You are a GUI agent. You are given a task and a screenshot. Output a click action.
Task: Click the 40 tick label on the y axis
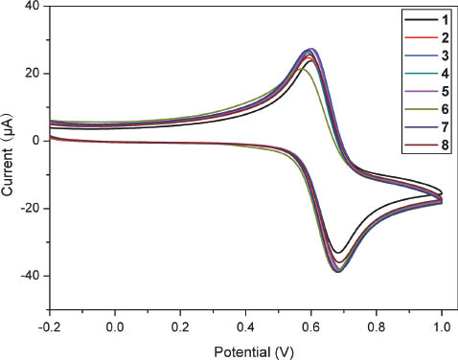(32, 7)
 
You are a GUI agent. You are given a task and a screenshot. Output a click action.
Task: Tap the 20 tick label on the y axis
(32, 74)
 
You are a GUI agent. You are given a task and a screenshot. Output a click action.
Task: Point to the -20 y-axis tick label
(30, 209)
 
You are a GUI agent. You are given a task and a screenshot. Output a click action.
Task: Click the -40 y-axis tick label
(30, 276)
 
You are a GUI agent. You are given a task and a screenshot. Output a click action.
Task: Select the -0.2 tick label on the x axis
(49, 325)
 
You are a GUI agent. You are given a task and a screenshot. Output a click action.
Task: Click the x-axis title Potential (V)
(245, 349)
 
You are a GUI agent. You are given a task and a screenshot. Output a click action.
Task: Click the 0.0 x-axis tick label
(115, 325)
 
